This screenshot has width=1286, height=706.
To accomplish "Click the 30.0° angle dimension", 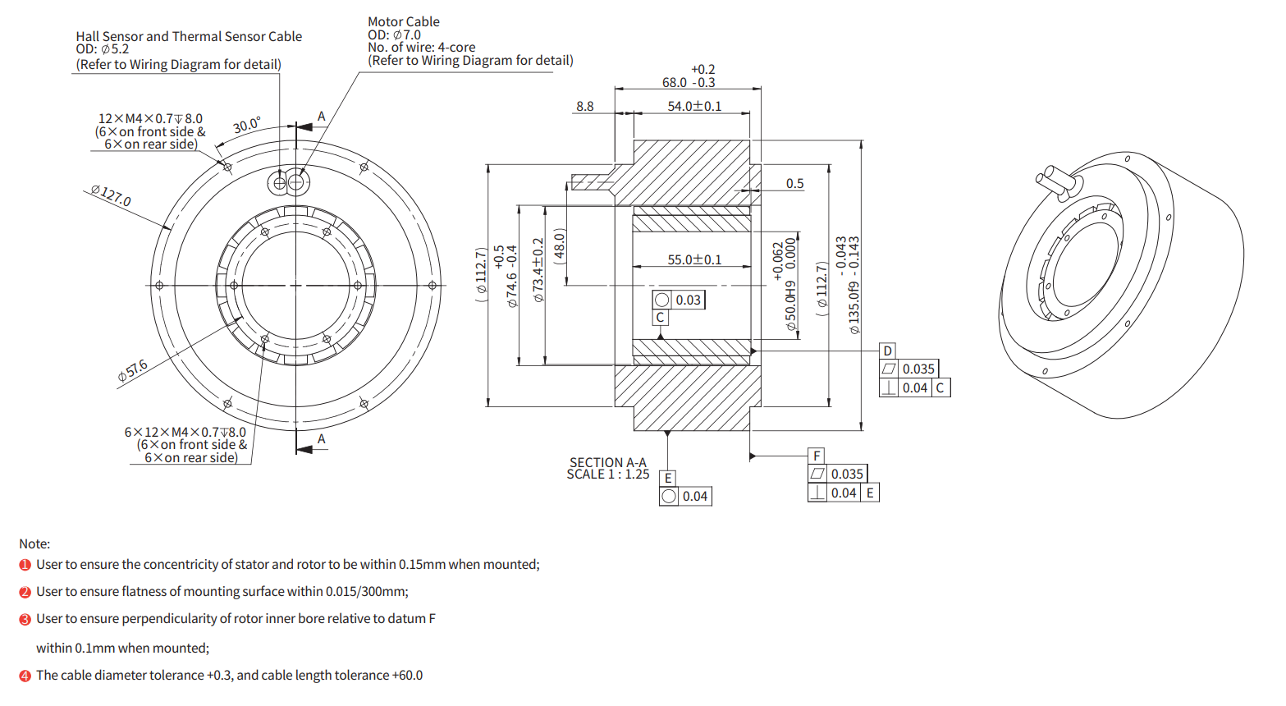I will pyautogui.click(x=246, y=126).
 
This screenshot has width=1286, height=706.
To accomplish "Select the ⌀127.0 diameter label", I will pyautogui.click(x=111, y=195).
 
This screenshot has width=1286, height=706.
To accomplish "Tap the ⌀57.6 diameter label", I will pyautogui.click(x=133, y=370).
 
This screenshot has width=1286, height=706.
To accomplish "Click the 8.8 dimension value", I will pyautogui.click(x=584, y=107).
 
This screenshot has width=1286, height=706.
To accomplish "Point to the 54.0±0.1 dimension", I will pyautogui.click(x=694, y=107).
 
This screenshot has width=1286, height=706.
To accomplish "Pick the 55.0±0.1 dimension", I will pyautogui.click(x=694, y=259).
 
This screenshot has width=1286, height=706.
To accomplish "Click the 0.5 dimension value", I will pyautogui.click(x=794, y=184).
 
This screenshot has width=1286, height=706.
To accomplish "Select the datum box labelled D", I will pyautogui.click(x=887, y=351).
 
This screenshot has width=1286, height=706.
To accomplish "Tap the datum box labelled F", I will pyautogui.click(x=817, y=456).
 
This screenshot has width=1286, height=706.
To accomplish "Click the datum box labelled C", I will pyautogui.click(x=660, y=318).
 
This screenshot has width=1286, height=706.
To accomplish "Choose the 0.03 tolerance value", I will pyautogui.click(x=688, y=300).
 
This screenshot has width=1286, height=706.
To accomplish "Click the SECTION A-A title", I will pyautogui.click(x=608, y=463).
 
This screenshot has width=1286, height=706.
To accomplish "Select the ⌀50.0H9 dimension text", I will pyautogui.click(x=790, y=305).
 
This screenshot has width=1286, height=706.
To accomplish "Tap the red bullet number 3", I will pyautogui.click(x=25, y=619).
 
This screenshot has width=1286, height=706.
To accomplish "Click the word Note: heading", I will pyautogui.click(x=34, y=543).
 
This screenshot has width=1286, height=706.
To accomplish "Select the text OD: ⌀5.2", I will pyautogui.click(x=103, y=49).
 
